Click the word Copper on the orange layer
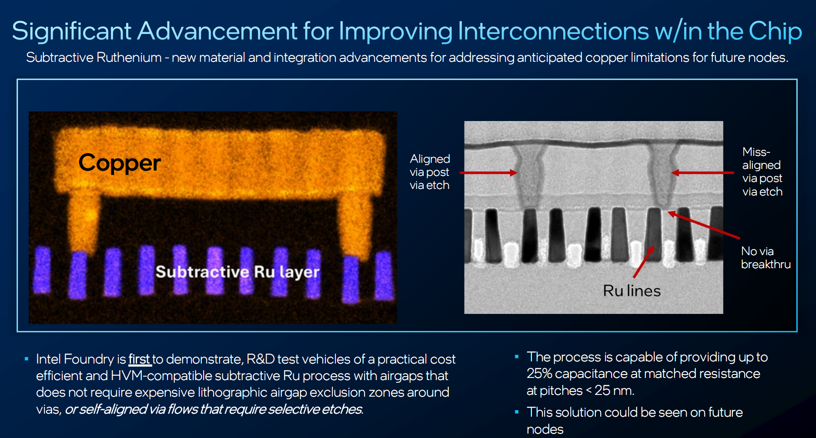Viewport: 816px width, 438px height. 120,163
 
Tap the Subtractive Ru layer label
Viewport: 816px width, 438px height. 237,272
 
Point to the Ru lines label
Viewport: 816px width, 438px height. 632,290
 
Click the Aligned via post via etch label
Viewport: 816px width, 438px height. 430,172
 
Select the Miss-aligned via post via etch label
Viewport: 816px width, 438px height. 762,172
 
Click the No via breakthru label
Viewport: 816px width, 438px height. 766,258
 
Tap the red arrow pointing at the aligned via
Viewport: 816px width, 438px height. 488,173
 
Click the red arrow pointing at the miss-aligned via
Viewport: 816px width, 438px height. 702,173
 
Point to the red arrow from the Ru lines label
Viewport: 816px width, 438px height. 644,262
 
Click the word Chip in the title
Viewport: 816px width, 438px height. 775,31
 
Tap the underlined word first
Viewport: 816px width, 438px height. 139,359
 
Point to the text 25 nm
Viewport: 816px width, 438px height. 614,391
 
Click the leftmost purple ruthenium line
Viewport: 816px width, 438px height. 43,270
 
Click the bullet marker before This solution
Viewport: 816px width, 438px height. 517,412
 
